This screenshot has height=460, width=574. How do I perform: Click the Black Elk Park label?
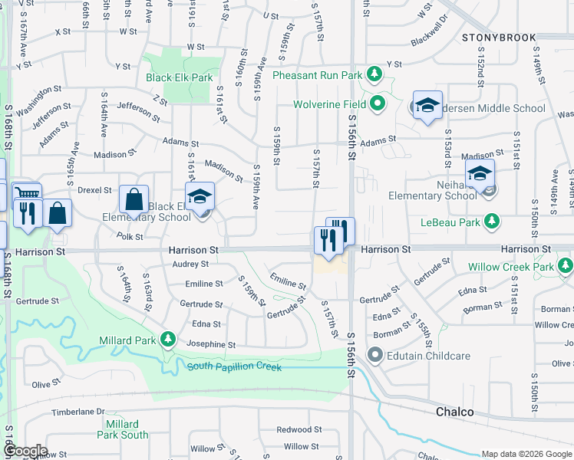(179, 77)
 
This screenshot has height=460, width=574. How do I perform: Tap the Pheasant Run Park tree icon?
(374, 75)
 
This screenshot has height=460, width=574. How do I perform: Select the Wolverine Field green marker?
(378, 103)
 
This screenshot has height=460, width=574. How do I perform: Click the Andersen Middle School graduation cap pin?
(427, 105)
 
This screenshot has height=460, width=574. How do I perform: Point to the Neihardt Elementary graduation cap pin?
(480, 173)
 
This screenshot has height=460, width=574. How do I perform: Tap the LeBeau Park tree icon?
(493, 222)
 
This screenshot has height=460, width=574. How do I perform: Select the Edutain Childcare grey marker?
(375, 355)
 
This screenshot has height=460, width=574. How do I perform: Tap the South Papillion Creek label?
(235, 367)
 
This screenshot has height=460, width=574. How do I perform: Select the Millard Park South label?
(123, 429)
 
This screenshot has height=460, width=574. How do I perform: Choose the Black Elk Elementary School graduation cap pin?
(200, 196)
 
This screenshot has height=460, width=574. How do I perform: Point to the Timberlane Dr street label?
(77, 412)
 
